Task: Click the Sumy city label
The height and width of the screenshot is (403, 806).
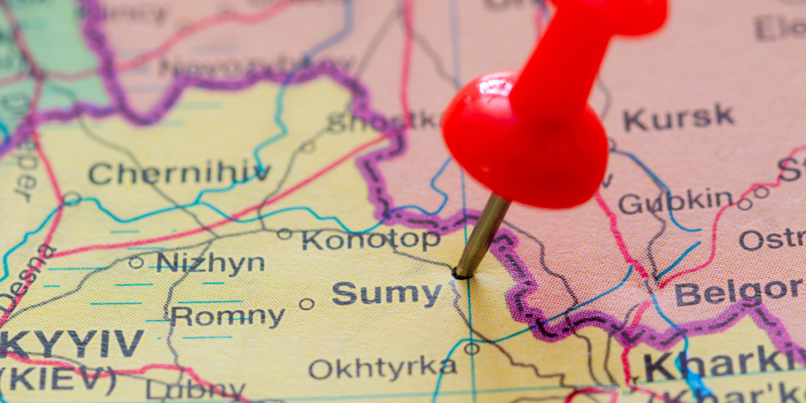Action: (387, 294)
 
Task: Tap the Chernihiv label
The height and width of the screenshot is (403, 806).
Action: (179, 173)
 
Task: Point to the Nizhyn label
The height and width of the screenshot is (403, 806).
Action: (211, 263)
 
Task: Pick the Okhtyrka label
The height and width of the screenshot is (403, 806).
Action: (383, 367)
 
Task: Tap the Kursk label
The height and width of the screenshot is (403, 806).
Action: (678, 118)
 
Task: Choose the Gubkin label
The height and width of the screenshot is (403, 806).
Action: (675, 201)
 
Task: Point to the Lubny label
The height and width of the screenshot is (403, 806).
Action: (195, 390)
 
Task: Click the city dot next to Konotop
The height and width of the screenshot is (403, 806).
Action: (285, 234)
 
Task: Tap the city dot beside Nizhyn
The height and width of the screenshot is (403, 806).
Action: (136, 262)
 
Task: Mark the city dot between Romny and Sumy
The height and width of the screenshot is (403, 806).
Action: (306, 304)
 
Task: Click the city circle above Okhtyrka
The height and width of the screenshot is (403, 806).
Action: (472, 349)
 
